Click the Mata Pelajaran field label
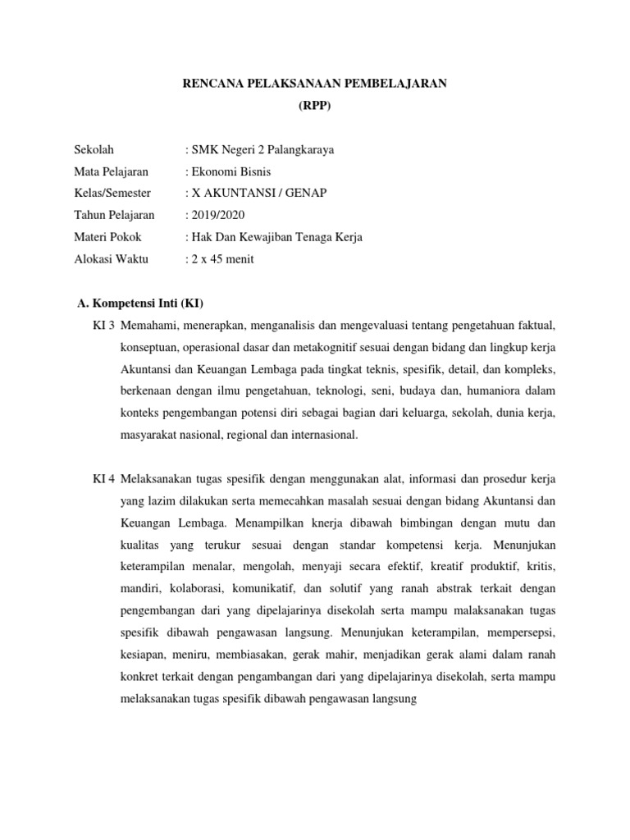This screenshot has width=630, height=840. click(x=109, y=171)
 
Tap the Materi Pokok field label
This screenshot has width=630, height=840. click(x=107, y=237)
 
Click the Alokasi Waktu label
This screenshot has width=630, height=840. click(x=109, y=259)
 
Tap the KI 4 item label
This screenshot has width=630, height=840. click(x=104, y=478)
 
